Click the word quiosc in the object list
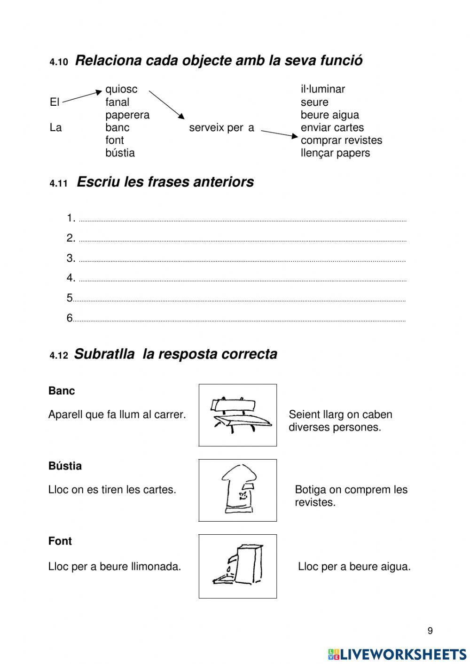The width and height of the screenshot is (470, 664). point(121,89)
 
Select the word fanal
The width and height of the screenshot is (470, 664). point(117,102)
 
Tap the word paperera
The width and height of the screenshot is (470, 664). point(127,115)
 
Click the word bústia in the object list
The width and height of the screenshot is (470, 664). point(120,153)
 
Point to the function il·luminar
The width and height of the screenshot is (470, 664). point(323,89)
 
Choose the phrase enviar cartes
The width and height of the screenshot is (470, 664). point(332,127)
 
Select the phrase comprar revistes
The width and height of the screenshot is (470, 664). point(341,140)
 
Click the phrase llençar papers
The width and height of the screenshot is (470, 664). point(335,153)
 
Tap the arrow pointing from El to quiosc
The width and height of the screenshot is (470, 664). point(82,96)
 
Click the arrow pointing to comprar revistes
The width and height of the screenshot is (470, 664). point(280,134)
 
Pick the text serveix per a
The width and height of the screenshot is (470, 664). point(221,127)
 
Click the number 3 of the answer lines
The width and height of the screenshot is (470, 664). point(70,258)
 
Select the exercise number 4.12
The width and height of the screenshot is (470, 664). point(59,356)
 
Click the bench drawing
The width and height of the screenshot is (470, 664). point(238,415)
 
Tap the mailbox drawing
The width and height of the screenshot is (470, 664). point(238,490)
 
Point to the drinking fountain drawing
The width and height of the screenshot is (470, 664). point(238,566)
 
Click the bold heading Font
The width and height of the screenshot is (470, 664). point(60,541)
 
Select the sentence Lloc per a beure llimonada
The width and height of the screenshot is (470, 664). point(114,567)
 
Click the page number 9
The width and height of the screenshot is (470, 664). point(430,631)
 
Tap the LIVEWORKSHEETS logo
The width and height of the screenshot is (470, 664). point(397,654)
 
